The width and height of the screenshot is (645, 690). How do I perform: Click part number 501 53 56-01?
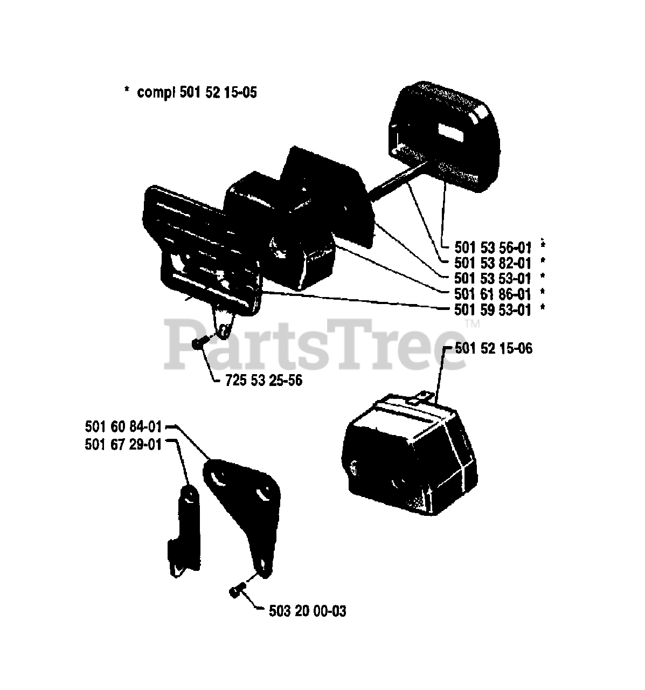click(x=486, y=247)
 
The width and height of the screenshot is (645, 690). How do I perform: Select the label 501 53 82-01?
click(x=486, y=263)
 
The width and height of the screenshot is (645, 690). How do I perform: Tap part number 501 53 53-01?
click(x=486, y=279)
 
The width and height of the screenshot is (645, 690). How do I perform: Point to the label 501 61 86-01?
click(x=486, y=294)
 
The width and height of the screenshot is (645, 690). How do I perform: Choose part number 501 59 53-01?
click(x=486, y=310)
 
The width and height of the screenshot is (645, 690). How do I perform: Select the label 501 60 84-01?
click(x=123, y=427)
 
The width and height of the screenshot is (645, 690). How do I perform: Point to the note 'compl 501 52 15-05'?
click(x=197, y=93)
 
